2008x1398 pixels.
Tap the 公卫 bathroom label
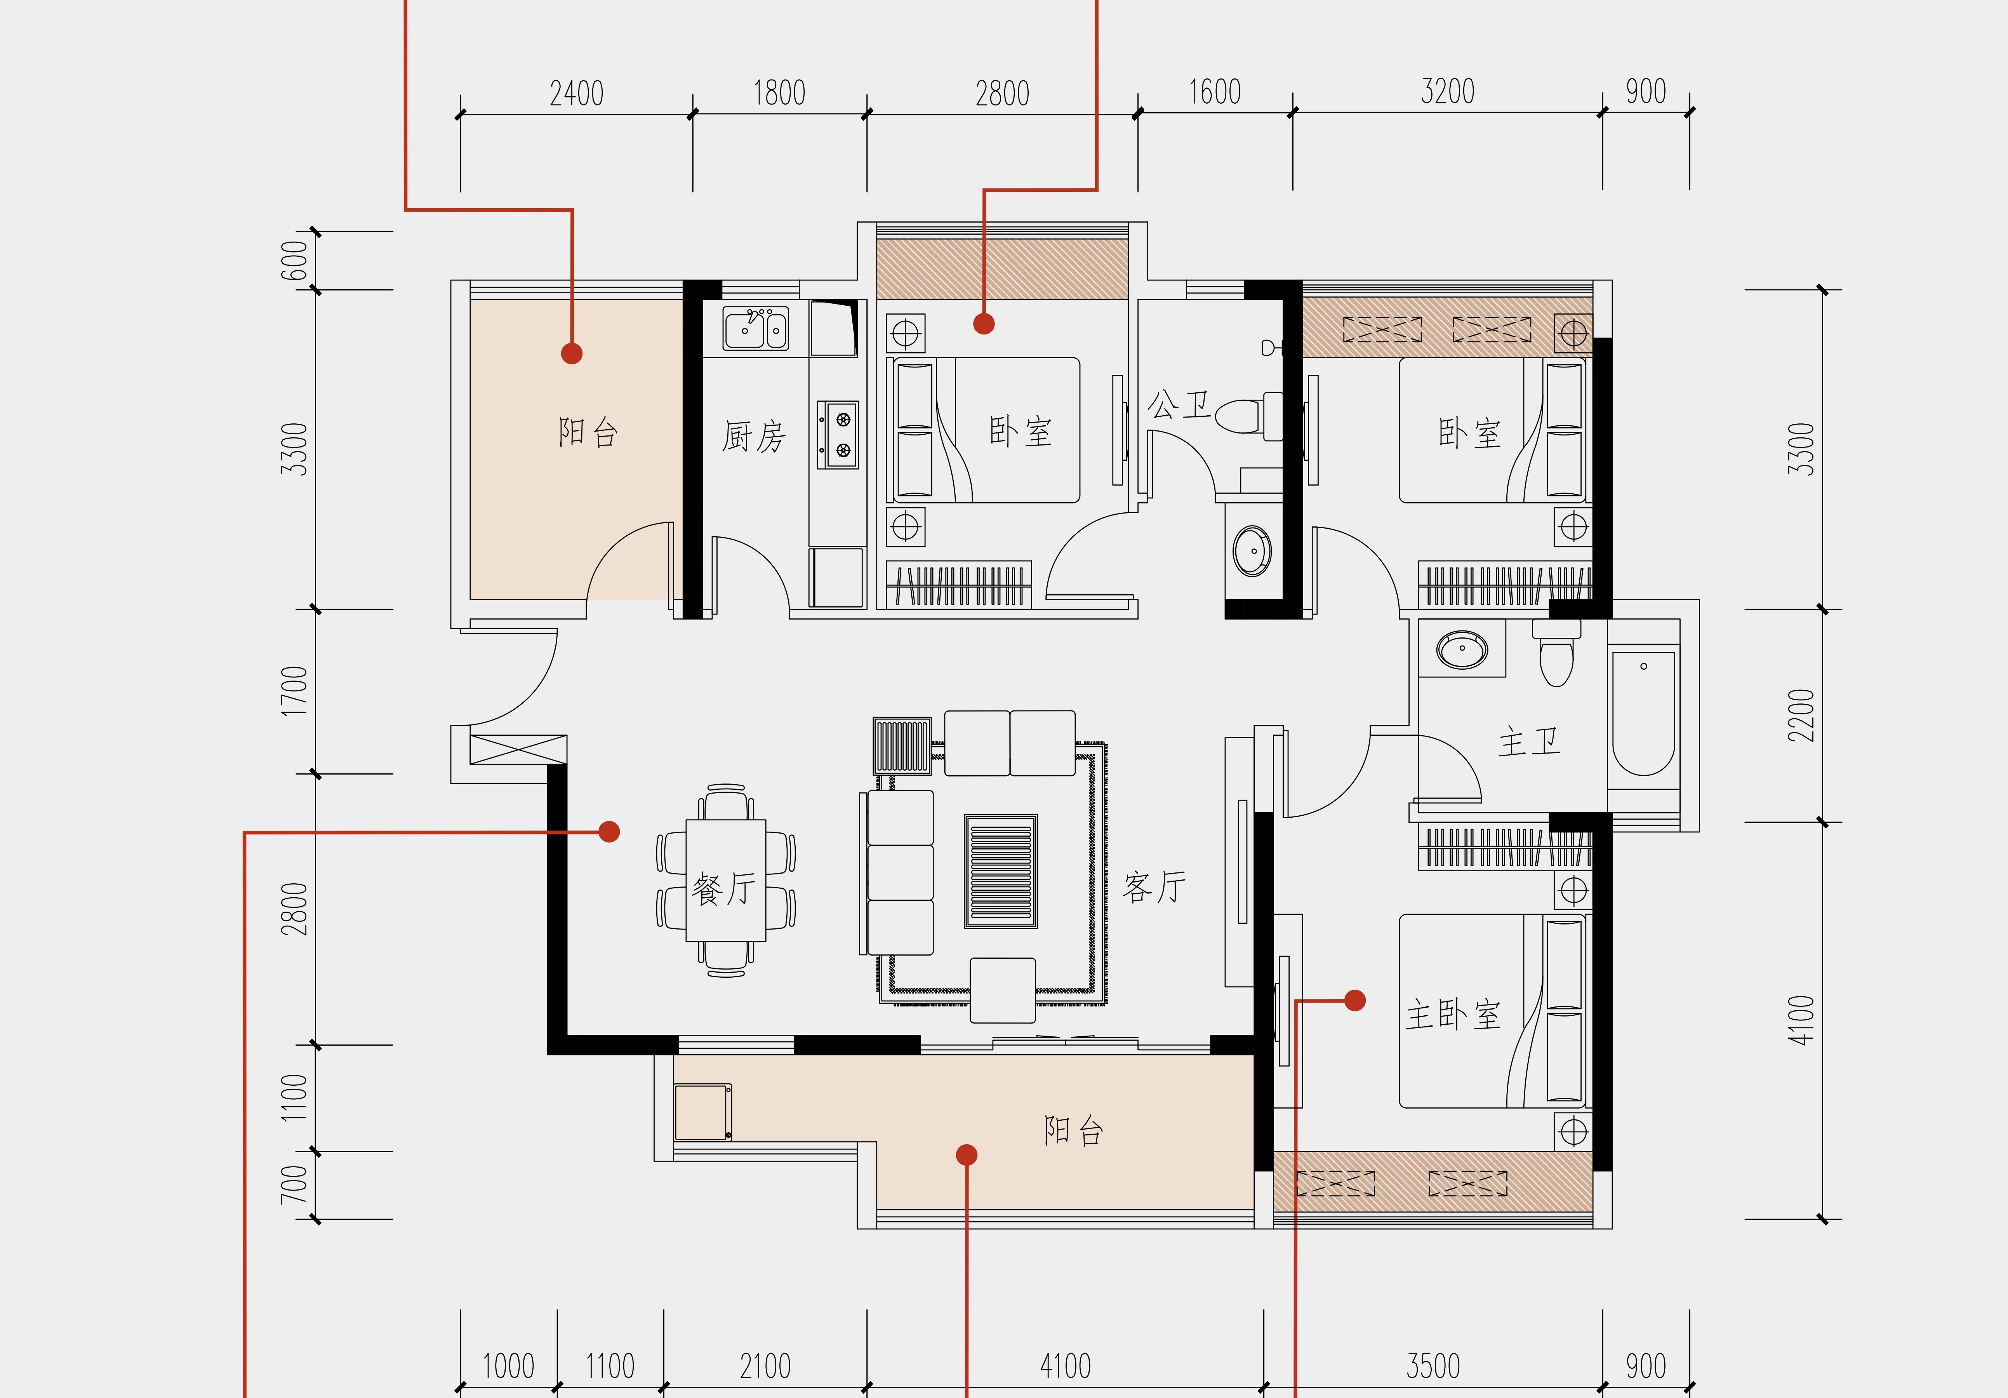(x=1178, y=404)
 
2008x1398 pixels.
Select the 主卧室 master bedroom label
(x=1453, y=1015)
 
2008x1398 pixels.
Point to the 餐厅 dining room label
(x=724, y=889)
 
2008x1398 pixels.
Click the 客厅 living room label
(x=1154, y=887)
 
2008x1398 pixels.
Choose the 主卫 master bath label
(x=1529, y=743)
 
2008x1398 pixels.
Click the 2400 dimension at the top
(x=576, y=93)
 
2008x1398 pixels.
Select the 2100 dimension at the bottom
(x=765, y=1366)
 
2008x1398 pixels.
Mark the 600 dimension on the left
(x=294, y=261)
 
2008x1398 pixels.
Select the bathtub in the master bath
(x=1643, y=713)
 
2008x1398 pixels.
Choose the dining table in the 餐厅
(x=726, y=880)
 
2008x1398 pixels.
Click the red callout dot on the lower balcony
(x=967, y=1155)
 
